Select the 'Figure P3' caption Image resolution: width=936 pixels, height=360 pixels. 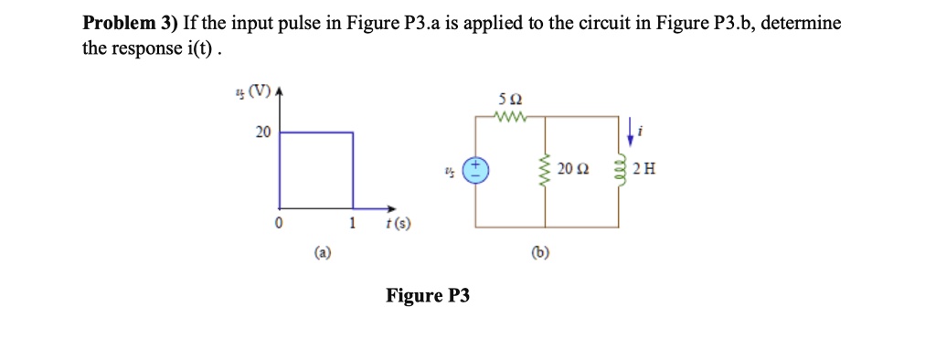click(x=427, y=295)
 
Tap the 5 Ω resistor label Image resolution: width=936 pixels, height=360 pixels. click(x=509, y=99)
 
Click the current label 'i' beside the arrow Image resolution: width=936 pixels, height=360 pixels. click(x=643, y=132)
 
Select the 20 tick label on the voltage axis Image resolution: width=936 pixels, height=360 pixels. click(x=262, y=132)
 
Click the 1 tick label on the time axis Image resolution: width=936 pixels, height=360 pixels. click(x=353, y=224)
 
